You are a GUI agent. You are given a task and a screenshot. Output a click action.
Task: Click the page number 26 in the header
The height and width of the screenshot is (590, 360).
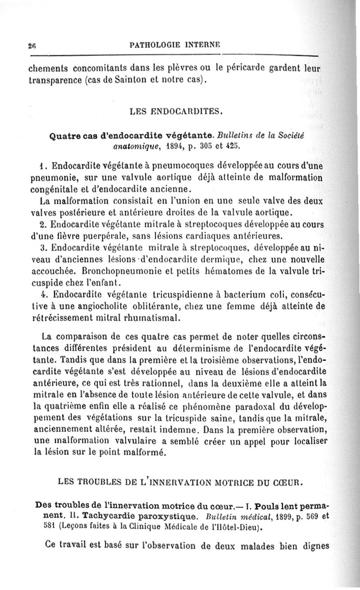[31, 45]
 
